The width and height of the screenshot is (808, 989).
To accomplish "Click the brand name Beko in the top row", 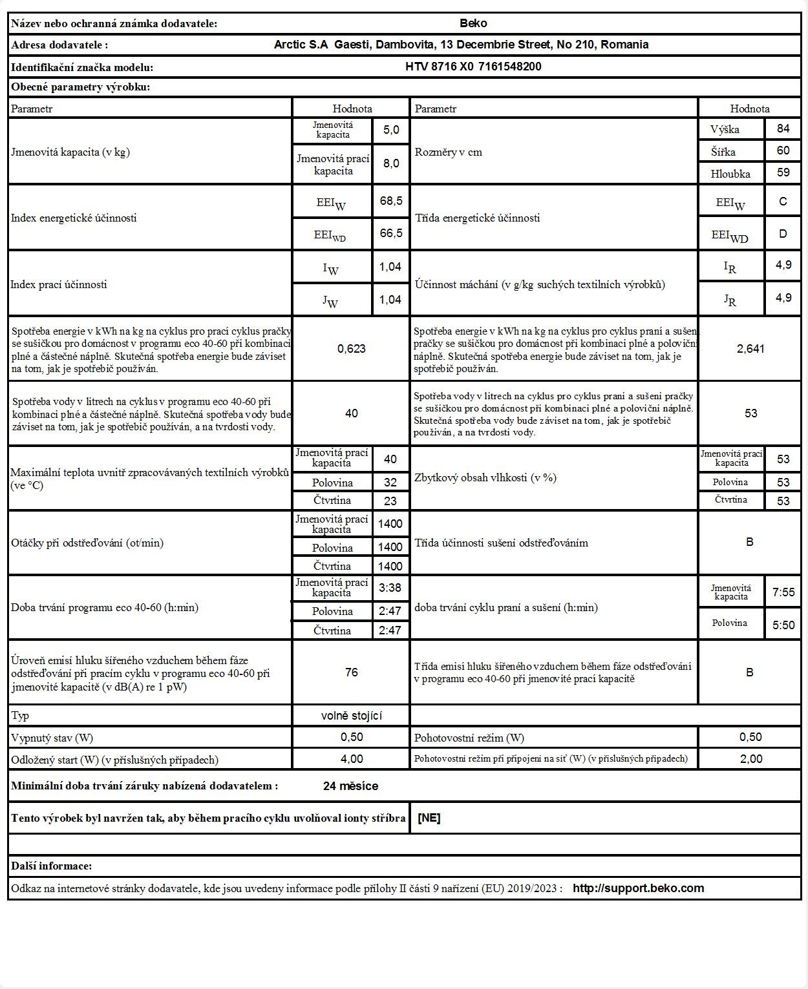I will coord(473,23).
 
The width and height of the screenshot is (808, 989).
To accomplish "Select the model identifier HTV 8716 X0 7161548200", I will coord(473,67).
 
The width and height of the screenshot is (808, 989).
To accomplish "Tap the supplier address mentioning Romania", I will coord(461,45).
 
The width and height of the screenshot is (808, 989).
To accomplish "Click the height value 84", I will coord(783,129).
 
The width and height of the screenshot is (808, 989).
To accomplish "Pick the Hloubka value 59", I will coord(783,173).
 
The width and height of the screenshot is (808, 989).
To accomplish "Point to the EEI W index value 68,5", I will coord(391,201).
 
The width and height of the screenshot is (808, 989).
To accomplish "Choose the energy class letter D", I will coord(783,233).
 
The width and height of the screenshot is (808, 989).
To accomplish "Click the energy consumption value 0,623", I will coord(352,349).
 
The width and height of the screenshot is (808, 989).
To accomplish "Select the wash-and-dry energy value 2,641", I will coord(750,349).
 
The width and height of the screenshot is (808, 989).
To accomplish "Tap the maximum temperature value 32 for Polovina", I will coord(390,482).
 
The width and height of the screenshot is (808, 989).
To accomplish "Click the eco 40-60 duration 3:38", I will coord(390,588).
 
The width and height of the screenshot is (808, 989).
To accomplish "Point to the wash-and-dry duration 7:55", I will coord(783,592).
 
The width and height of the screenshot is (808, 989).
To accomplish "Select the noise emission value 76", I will coord(352,672).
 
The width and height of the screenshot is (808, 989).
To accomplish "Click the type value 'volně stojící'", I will coord(352,715).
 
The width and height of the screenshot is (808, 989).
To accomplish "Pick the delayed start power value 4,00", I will coord(352,759).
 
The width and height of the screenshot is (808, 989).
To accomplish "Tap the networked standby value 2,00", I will coord(750,759).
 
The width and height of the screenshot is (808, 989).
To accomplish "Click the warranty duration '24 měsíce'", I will coord(350,786).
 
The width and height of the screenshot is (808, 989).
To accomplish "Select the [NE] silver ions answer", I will coord(429,818).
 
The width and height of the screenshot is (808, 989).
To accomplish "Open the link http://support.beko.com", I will coord(638,888).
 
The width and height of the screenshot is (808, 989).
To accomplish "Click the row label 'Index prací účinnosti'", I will coord(59,284).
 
